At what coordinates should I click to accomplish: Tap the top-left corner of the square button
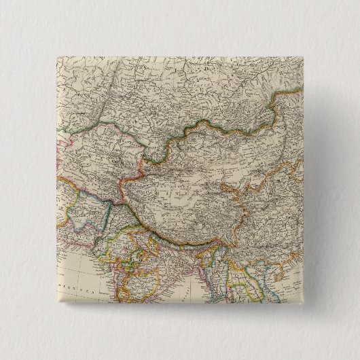point(54,54)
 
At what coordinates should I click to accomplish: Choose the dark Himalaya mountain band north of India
point(170,234)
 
